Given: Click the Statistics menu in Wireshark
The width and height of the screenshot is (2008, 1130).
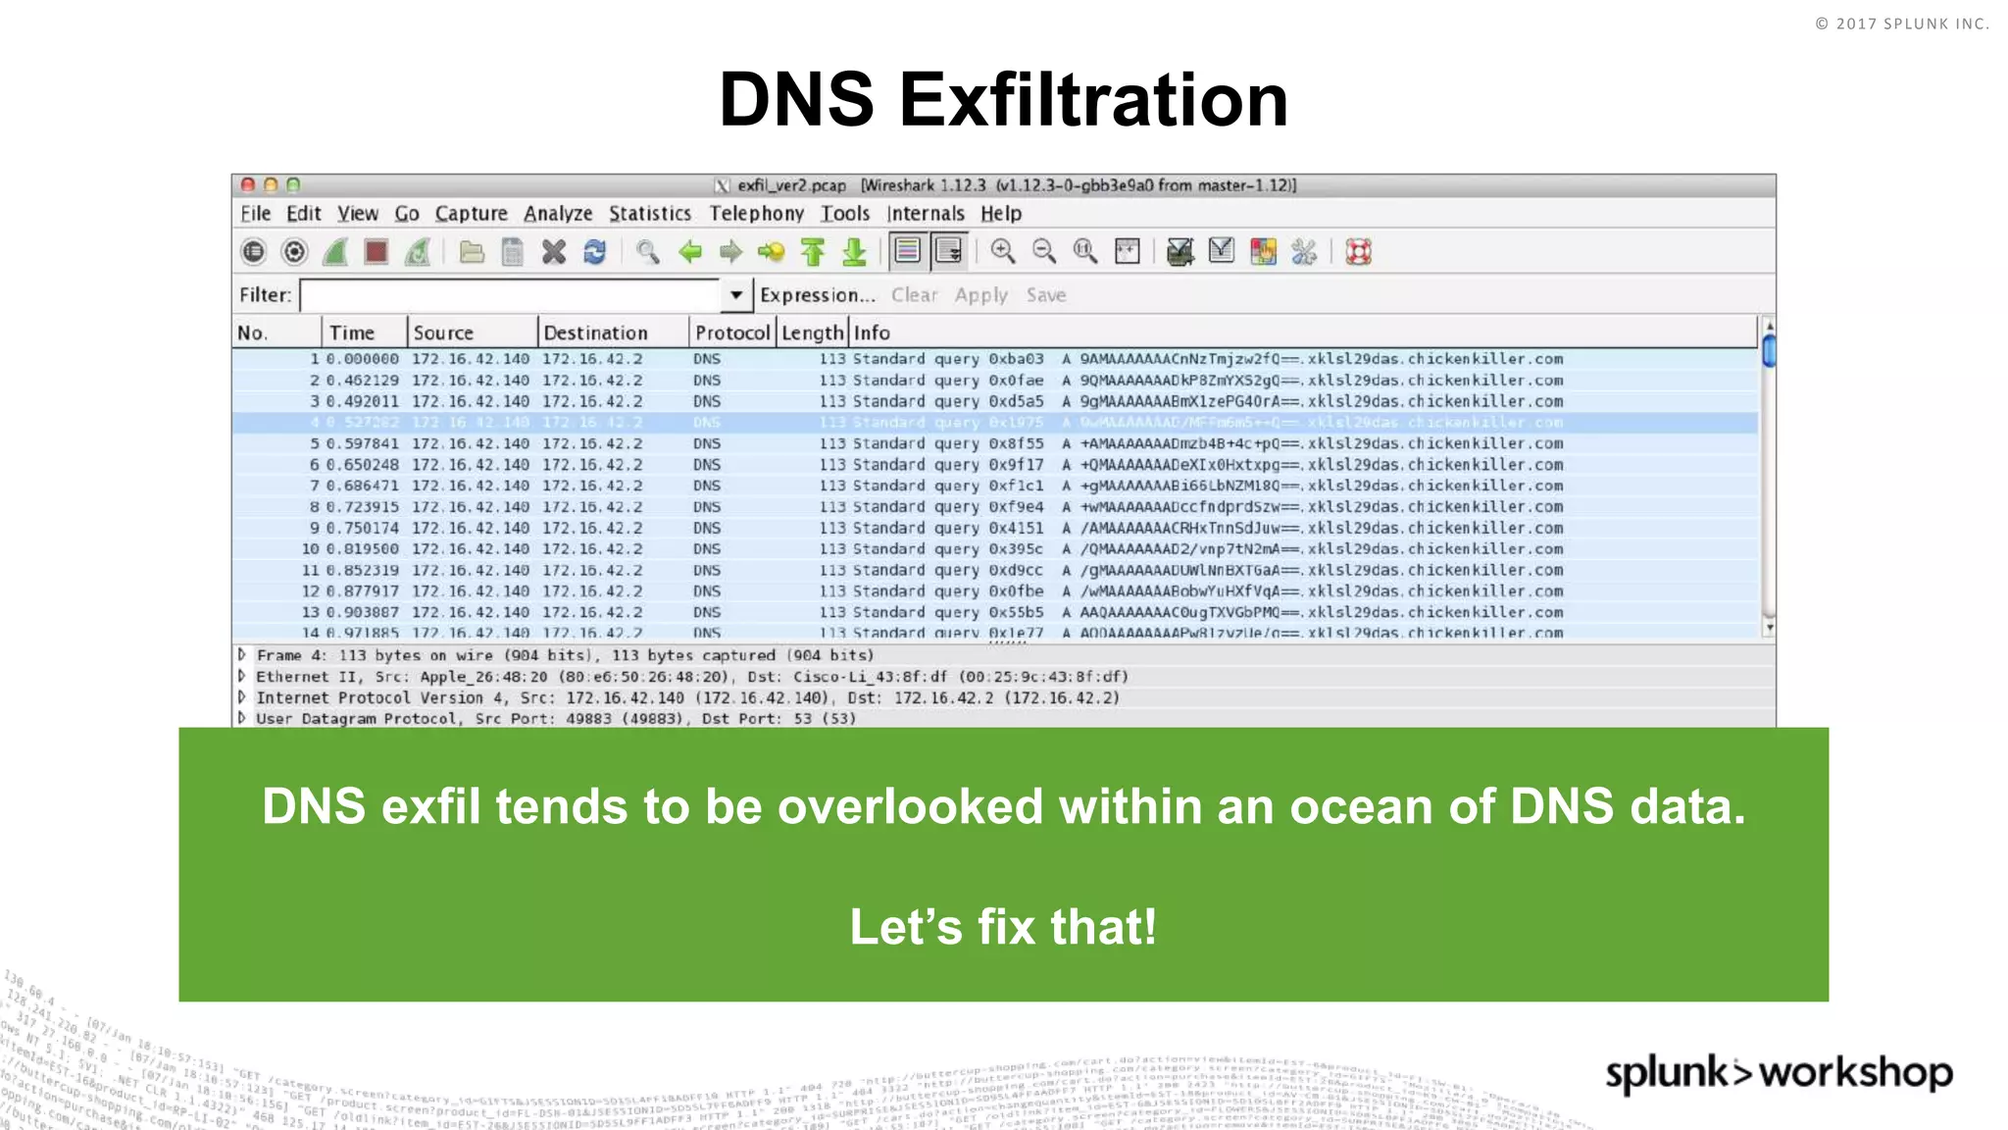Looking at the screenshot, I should point(650,214).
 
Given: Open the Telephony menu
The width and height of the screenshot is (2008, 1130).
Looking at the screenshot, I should point(756,214).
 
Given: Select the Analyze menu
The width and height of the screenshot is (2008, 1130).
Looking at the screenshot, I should point(558,214).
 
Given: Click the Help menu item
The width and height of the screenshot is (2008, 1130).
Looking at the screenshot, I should point(1000,214).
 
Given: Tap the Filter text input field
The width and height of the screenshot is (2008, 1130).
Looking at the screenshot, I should point(510,295).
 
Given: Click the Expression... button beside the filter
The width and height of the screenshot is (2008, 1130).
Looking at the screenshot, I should point(817,295).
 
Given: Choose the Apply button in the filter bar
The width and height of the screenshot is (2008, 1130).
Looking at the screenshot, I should point(980,295).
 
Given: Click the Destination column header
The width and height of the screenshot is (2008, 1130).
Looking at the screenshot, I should point(595,334).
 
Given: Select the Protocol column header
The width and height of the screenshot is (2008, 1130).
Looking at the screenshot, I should point(731,334).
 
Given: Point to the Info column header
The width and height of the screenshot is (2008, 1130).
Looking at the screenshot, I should point(872,334).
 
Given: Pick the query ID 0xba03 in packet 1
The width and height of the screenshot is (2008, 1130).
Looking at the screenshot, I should point(1016,359).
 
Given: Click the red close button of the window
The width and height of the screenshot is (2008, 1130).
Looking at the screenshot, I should point(248,184).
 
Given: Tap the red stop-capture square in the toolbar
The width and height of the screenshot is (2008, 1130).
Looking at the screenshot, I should point(376,252).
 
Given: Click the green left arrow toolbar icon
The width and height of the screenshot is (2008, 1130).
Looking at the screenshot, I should point(690,252).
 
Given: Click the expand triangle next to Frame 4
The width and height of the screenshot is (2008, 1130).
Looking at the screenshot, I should point(241,654).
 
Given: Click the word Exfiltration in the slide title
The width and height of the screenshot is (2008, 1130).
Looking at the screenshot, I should point(1092,100).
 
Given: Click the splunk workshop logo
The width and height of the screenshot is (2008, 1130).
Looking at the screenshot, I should point(1779,1072).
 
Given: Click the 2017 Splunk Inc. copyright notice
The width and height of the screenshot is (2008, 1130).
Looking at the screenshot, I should point(1901,24).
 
